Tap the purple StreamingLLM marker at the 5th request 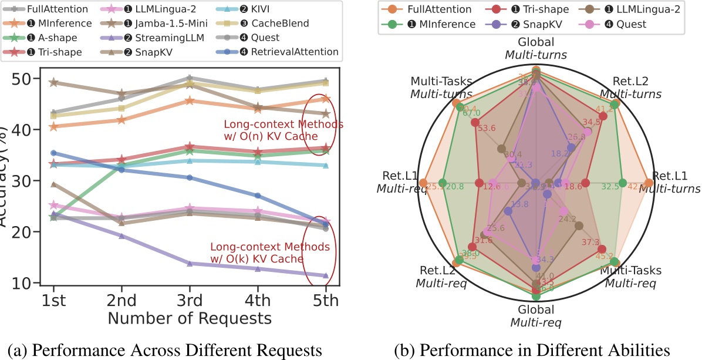click(x=326, y=275)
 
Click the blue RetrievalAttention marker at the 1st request click(x=53, y=153)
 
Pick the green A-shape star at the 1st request click(x=53, y=217)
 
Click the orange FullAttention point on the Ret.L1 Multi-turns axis click(x=648, y=182)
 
